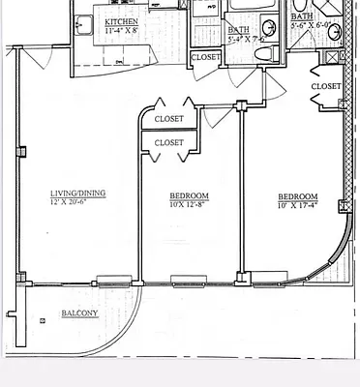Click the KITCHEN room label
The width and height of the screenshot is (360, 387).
[x=121, y=20]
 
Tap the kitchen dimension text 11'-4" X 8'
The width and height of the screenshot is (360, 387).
[x=121, y=29]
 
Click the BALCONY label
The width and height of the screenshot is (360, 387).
[x=78, y=313]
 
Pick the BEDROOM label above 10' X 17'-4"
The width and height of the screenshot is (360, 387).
[x=297, y=194]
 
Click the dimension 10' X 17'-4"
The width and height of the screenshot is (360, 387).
[x=297, y=204]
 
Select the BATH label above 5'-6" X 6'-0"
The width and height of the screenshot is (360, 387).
[x=302, y=16]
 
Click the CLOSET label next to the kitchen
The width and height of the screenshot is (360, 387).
[x=205, y=57]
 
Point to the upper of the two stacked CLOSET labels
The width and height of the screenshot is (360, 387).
[x=169, y=119]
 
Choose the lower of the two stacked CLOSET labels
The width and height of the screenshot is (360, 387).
[x=169, y=142]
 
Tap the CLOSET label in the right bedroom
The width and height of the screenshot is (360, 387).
[x=326, y=86]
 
